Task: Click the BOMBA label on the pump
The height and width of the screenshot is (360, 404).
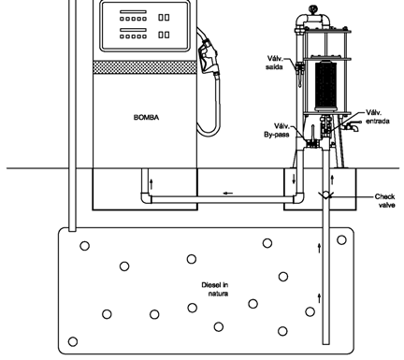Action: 146,117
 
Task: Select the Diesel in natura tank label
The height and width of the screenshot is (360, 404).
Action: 215,289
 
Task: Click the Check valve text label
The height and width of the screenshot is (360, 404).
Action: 385,201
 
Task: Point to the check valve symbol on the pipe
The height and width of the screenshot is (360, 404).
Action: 325,195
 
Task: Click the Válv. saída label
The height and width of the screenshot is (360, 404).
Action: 275,63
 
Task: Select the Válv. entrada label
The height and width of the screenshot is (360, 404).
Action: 378,117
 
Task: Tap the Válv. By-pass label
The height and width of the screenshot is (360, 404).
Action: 277,130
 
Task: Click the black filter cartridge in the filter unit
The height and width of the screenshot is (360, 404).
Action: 325,85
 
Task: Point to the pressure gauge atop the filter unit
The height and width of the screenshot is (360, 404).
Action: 312,9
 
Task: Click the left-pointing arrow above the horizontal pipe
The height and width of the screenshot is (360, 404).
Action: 228,194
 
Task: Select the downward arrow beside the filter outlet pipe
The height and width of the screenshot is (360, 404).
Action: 294,180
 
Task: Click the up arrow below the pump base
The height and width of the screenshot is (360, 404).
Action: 151,184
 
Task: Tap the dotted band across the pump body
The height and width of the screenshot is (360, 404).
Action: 145,67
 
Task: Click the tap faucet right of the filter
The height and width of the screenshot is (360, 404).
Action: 352,126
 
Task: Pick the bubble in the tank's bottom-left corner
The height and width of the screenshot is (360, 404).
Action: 73,341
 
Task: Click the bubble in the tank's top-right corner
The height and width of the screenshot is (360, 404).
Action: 341,240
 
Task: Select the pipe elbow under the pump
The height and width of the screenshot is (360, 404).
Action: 146,198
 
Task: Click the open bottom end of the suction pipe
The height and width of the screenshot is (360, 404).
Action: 325,343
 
